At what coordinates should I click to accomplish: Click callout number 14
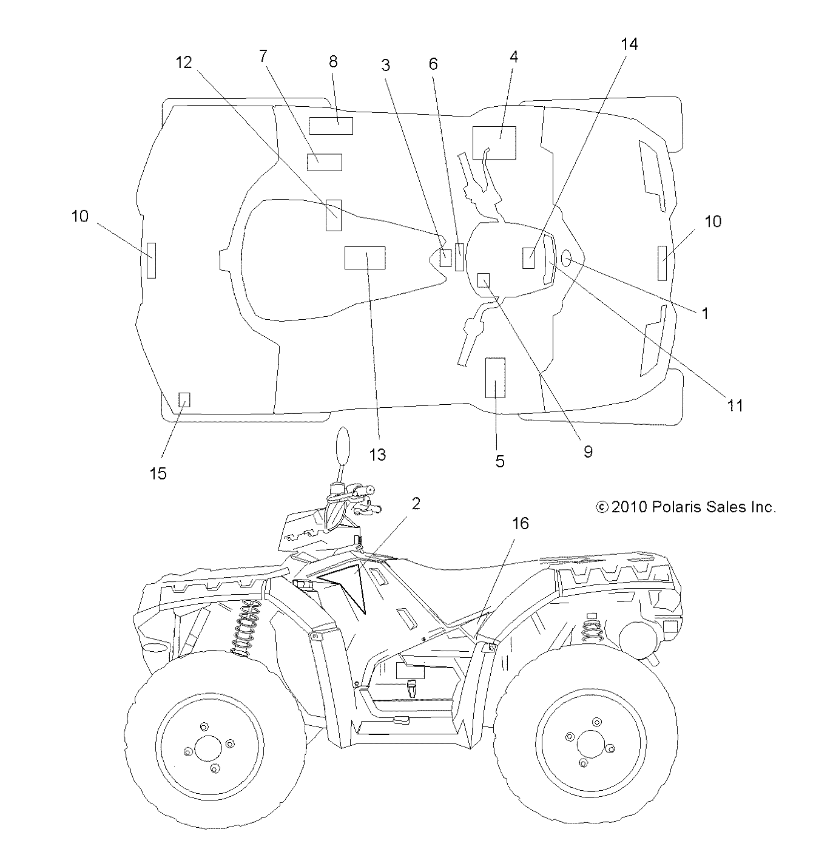click(629, 44)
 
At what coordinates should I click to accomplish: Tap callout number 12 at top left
click(184, 62)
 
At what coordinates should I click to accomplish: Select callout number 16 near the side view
click(520, 523)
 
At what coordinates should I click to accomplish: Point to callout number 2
click(416, 504)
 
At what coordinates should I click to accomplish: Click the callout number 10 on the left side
click(80, 217)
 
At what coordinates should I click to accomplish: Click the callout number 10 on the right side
click(713, 222)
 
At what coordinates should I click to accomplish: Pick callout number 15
click(158, 473)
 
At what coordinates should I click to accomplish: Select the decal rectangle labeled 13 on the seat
click(365, 258)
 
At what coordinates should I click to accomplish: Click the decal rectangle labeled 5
click(495, 377)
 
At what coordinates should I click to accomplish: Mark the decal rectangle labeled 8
click(331, 126)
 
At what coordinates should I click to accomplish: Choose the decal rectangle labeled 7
click(325, 163)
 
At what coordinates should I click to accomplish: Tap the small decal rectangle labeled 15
click(184, 399)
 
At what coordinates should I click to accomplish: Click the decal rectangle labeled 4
click(494, 143)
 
